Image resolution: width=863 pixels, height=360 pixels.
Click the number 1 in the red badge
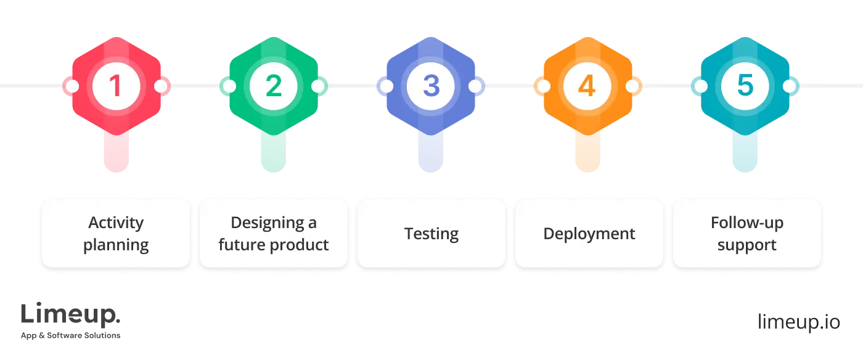[115, 86]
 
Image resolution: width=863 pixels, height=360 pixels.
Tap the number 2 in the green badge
[273, 86]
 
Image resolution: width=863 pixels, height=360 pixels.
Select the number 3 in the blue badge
[431, 86]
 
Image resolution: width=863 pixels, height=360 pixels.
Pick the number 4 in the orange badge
[587, 86]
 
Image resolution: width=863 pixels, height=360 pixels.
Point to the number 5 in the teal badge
[745, 86]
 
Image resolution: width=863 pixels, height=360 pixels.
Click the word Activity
[116, 223]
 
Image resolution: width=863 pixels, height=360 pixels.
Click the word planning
[116, 245]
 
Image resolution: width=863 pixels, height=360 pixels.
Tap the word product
[301, 245]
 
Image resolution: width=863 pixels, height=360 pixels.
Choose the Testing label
[431, 234]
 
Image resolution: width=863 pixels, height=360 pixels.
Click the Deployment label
[589, 234]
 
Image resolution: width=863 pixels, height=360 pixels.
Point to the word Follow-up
[747, 223]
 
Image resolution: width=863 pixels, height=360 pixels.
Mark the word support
[747, 245]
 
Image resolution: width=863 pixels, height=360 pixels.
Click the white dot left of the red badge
[72, 86]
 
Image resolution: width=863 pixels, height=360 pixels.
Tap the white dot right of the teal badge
[791, 86]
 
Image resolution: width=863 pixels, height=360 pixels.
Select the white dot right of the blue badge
[475, 86]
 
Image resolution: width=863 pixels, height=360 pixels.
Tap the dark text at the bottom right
[798, 321]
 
